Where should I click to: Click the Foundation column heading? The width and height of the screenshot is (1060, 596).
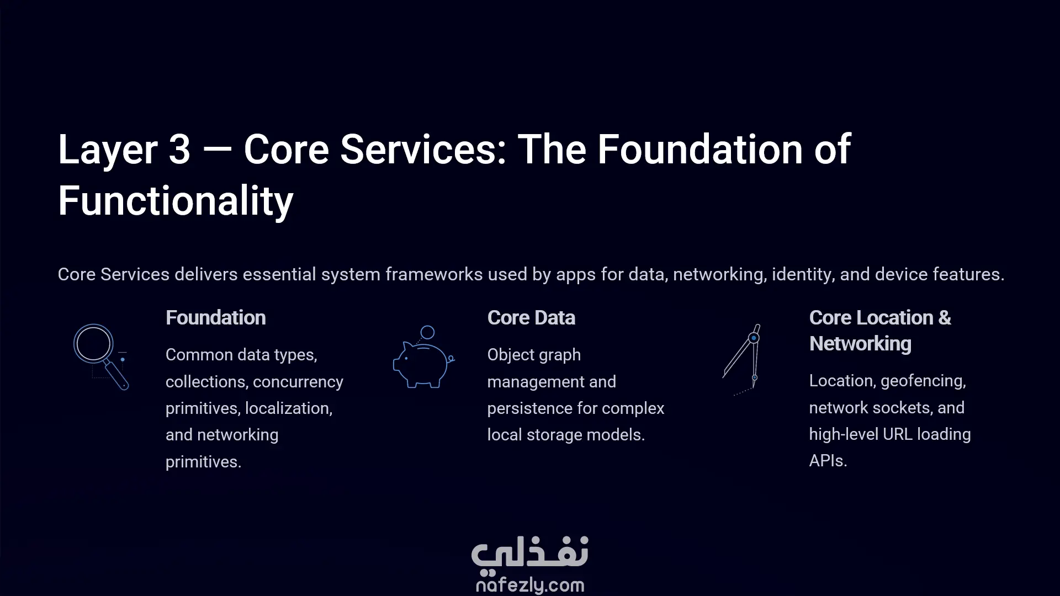[216, 318]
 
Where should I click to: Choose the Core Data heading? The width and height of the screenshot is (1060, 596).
[531, 318]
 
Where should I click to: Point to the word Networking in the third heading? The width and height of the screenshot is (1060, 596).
[860, 344]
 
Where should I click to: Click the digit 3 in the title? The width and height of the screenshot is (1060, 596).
[179, 150]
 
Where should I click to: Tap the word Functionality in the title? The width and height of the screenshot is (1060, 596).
[176, 201]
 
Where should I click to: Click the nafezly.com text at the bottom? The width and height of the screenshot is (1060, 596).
[530, 585]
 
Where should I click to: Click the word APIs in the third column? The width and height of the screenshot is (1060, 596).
[828, 461]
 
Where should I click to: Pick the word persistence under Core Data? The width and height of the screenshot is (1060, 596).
[533, 408]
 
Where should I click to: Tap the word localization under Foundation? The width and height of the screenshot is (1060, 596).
[289, 408]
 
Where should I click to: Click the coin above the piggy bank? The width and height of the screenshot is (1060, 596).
[427, 332]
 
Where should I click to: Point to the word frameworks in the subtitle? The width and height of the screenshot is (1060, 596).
[434, 274]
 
